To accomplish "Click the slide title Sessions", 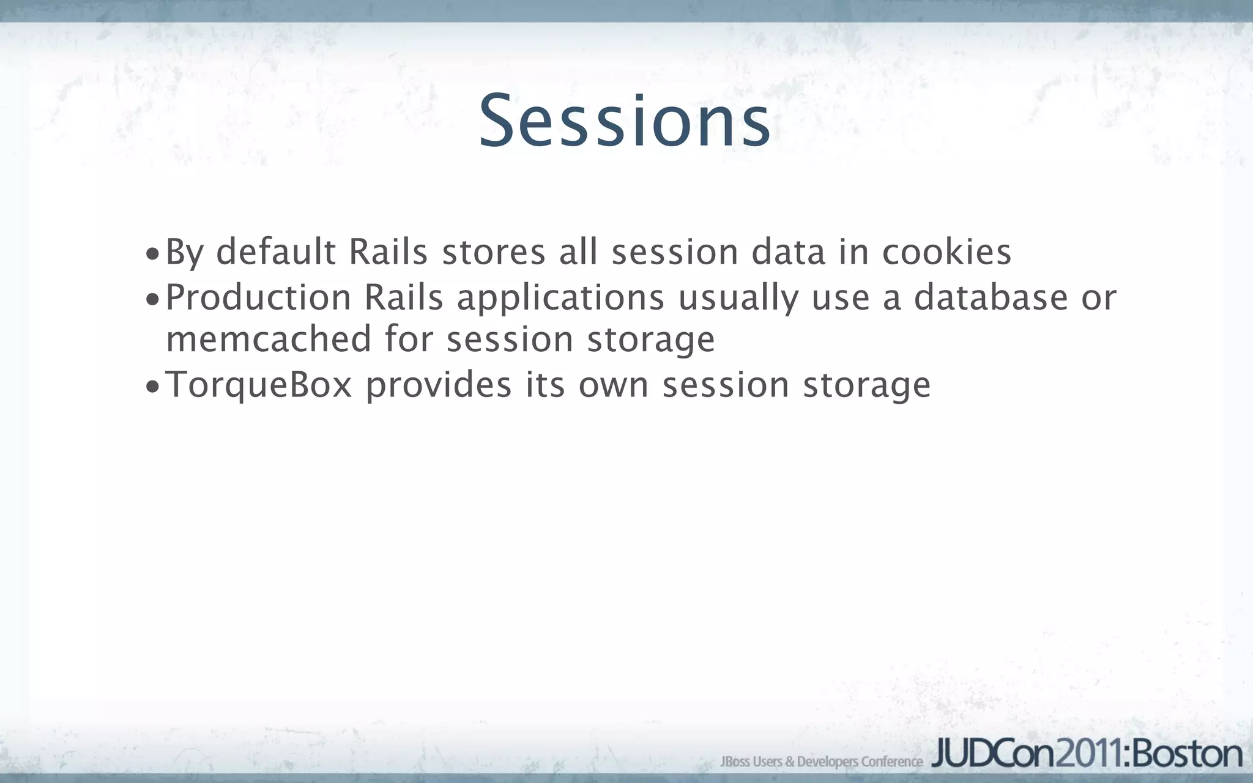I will coord(625,121).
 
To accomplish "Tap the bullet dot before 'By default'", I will coord(152,254).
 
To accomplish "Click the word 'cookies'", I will coord(946,252).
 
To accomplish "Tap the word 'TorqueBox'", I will coord(259,385).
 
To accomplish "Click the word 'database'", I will coord(991,298).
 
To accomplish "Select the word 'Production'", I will coord(258,298).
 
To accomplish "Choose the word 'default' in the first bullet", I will coord(276,252).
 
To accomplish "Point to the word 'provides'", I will coord(439,385).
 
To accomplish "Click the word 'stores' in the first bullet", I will coord(493,252).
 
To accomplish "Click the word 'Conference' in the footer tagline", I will coord(892,762).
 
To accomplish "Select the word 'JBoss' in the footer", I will coord(735,762).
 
